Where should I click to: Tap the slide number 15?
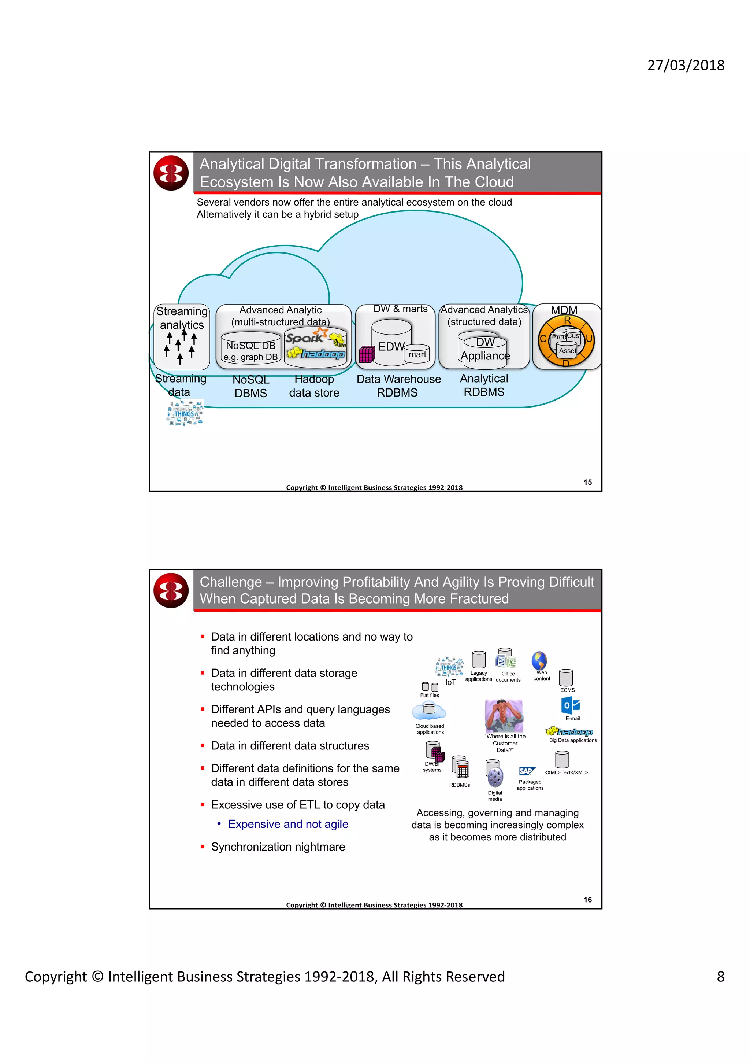(587, 482)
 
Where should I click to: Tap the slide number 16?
(587, 900)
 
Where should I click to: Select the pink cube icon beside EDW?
(367, 354)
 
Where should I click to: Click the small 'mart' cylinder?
(417, 354)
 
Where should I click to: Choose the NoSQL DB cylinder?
(250, 348)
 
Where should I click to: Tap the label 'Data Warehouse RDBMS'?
(398, 386)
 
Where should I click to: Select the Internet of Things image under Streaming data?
(185, 413)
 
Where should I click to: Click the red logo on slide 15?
(171, 173)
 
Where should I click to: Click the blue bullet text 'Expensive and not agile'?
(288, 824)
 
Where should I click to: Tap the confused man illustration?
(503, 716)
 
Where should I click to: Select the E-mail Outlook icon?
(571, 706)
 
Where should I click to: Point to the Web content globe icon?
(539, 660)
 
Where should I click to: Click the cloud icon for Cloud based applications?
(429, 711)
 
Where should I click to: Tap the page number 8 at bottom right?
(720, 976)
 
